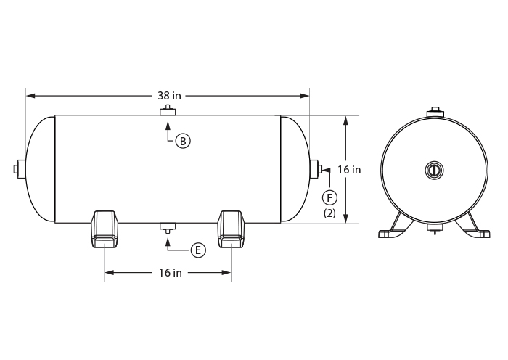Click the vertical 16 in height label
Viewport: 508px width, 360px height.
[x=349, y=169]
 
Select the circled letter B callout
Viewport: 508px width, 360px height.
[x=184, y=141]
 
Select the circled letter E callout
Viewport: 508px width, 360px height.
[x=197, y=250]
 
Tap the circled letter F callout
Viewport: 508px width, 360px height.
[x=329, y=197]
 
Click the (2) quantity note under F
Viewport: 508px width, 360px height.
[x=329, y=213]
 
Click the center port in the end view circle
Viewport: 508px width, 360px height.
[x=433, y=170]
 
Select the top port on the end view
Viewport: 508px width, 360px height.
[x=434, y=112]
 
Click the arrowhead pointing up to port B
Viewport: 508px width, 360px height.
[x=168, y=120]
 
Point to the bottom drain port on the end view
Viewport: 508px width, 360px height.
[x=434, y=229]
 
